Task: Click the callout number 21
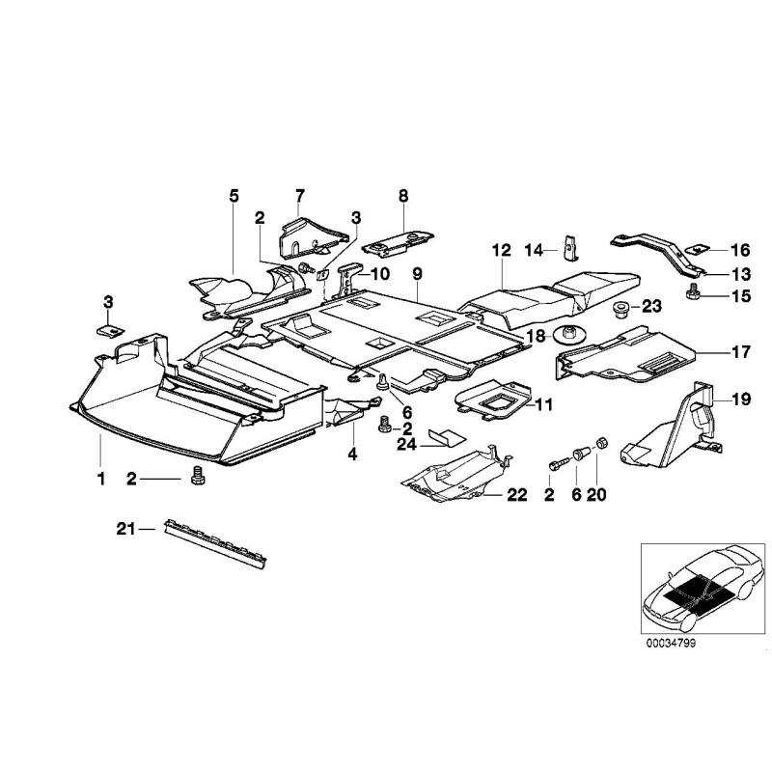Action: click(x=123, y=528)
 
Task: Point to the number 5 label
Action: click(x=234, y=196)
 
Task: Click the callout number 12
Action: click(x=500, y=251)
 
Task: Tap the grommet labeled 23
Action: click(x=620, y=308)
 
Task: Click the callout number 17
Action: click(x=740, y=353)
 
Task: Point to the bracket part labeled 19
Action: click(x=675, y=425)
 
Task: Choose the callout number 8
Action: click(x=403, y=196)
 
